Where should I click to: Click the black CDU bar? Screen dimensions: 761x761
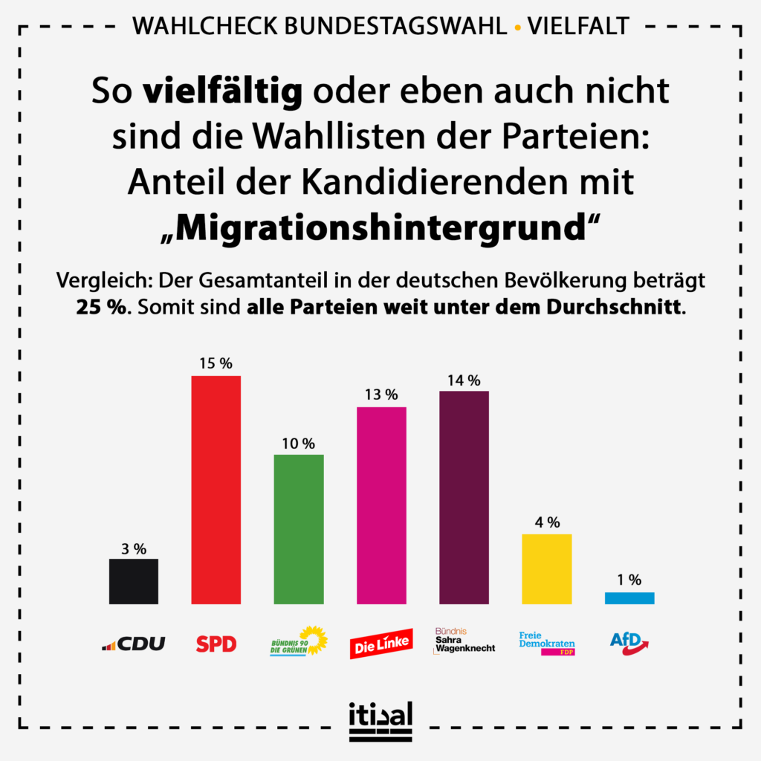tap(134, 581)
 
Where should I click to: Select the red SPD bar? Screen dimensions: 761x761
tap(216, 490)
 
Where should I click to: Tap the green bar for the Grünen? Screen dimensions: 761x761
tap(299, 529)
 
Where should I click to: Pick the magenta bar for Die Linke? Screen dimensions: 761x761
tap(381, 505)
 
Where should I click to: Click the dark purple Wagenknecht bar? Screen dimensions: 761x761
tap(464, 497)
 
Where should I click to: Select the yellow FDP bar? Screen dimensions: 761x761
tap(547, 569)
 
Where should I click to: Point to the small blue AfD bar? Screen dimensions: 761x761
tap(629, 598)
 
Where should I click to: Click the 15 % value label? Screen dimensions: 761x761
tap(216, 363)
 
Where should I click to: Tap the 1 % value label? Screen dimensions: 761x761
tap(629, 580)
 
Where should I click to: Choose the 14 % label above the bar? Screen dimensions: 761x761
tap(464, 379)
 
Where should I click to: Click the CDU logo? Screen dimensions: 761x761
tap(134, 644)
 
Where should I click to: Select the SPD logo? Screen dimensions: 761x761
tap(216, 644)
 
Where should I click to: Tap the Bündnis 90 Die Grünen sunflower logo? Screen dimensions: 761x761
tap(299, 641)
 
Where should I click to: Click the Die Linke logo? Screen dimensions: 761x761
tap(381, 644)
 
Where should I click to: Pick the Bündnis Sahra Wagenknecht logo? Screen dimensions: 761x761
tap(464, 640)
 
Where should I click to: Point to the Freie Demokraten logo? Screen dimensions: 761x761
tap(547, 642)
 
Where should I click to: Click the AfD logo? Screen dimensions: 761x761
tap(629, 642)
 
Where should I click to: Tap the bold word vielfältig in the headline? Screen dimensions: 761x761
tap(222, 92)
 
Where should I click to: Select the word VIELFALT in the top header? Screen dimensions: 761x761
tap(578, 27)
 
